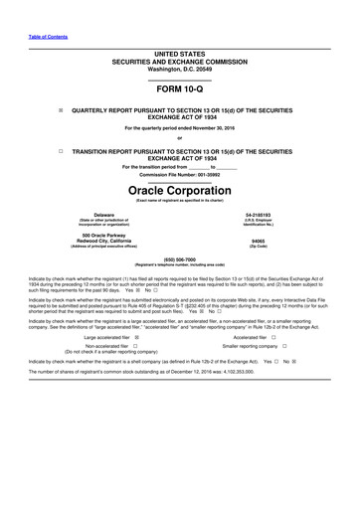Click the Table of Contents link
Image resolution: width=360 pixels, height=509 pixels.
(x=47, y=37)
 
